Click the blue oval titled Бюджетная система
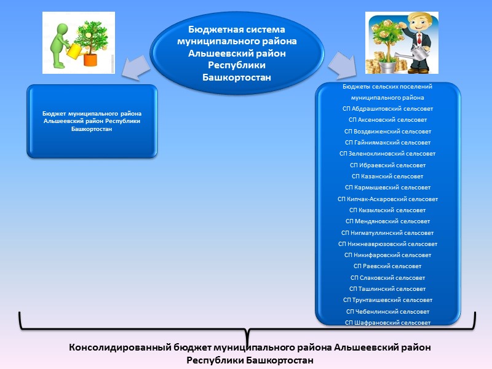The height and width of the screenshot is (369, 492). click(237, 53)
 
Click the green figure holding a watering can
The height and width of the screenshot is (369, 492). click(61, 42)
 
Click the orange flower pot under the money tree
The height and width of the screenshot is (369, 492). click(91, 59)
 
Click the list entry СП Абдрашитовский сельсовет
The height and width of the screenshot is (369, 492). click(387, 108)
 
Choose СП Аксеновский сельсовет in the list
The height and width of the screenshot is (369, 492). click(387, 120)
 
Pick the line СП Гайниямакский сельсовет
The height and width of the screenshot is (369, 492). click(387, 142)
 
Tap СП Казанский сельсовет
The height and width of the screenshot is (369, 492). click(387, 176)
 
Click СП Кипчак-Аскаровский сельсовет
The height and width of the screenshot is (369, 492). click(387, 199)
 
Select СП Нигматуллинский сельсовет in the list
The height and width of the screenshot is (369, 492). click(387, 232)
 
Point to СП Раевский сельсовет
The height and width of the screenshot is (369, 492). click(387, 266)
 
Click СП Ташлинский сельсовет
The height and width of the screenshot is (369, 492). click(387, 288)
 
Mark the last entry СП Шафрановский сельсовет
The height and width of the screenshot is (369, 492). click(387, 322)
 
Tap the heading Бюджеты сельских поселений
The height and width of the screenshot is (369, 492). click(387, 87)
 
